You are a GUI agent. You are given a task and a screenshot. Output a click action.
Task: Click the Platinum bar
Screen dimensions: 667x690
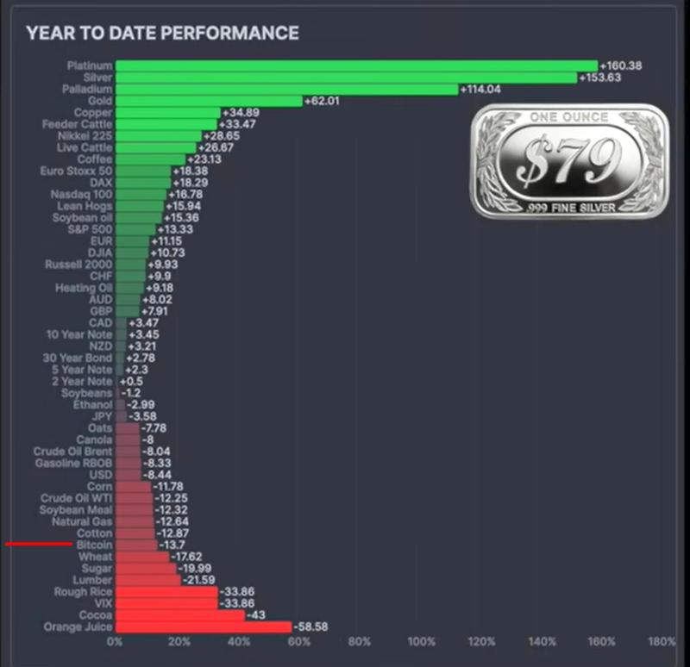pos(356,65)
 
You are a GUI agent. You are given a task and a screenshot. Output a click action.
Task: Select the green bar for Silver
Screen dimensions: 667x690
pos(346,78)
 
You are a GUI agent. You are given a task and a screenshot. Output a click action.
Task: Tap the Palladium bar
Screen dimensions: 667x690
pos(286,89)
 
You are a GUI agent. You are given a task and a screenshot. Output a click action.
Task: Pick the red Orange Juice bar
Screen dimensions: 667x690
pos(204,627)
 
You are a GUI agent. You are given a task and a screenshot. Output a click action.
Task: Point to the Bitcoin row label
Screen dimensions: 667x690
pos(94,545)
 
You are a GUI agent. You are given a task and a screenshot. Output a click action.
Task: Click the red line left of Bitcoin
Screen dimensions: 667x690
pos(39,545)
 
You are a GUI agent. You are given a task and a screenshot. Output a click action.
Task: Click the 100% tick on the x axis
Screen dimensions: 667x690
pos(420,642)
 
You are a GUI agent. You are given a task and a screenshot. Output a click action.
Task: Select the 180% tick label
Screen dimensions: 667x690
pos(662,642)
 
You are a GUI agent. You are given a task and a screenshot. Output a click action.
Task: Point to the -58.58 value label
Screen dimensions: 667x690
pos(312,627)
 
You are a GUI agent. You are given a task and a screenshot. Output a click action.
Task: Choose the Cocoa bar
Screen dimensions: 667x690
pos(180,615)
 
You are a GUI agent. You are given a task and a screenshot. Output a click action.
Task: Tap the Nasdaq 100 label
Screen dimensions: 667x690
pos(81,195)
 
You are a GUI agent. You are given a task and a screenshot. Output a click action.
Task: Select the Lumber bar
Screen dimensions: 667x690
pos(148,581)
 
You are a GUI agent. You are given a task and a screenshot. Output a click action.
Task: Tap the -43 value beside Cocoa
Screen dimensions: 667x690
pos(256,615)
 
